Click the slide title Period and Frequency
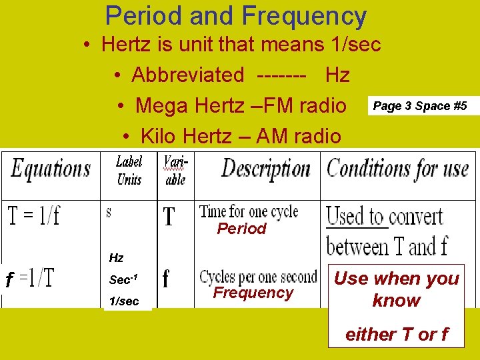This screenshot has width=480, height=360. tap(236, 16)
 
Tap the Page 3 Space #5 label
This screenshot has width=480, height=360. tap(420, 106)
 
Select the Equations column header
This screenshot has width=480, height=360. tap(51, 169)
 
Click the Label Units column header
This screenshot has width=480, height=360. tap(129, 170)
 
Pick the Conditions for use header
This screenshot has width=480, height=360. tap(397, 169)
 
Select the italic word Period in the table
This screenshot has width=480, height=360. tap(241, 229)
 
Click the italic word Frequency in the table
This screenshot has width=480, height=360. tap(253, 293)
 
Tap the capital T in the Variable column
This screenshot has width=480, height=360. tap(169, 217)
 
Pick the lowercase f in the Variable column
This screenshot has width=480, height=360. tap(166, 279)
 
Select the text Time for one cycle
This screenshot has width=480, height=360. tap(249, 212)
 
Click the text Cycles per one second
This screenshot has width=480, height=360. tap(258, 276)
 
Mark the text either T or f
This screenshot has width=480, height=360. tap(396, 334)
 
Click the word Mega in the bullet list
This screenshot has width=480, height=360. tap(157, 105)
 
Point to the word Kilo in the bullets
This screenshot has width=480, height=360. tap(158, 137)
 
